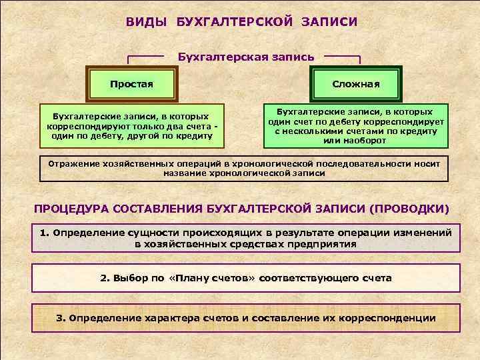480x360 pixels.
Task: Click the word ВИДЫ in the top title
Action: tap(147, 22)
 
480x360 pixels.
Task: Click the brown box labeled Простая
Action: tap(131, 84)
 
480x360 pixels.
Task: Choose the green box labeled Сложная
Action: tap(357, 84)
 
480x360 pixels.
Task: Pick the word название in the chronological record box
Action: tap(183, 173)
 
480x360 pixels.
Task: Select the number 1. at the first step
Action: tap(45, 233)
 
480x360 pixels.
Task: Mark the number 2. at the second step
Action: tap(105, 277)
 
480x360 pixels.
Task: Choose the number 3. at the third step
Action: tap(61, 318)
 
